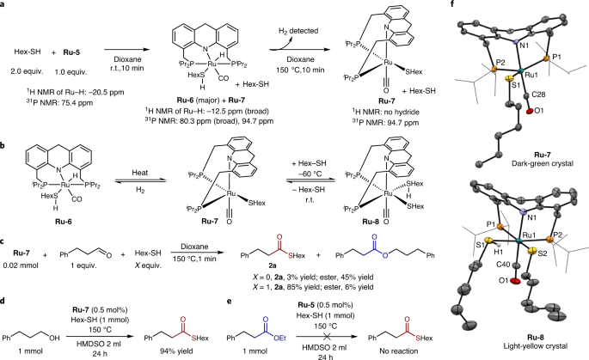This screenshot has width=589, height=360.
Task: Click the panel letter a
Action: [4, 6]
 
